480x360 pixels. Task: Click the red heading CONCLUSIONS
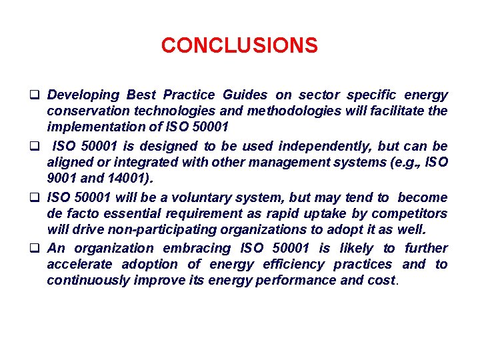239,46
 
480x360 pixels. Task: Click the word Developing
84,95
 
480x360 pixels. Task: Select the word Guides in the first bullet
245,95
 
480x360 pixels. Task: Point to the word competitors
409,213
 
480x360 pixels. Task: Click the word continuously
88,280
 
